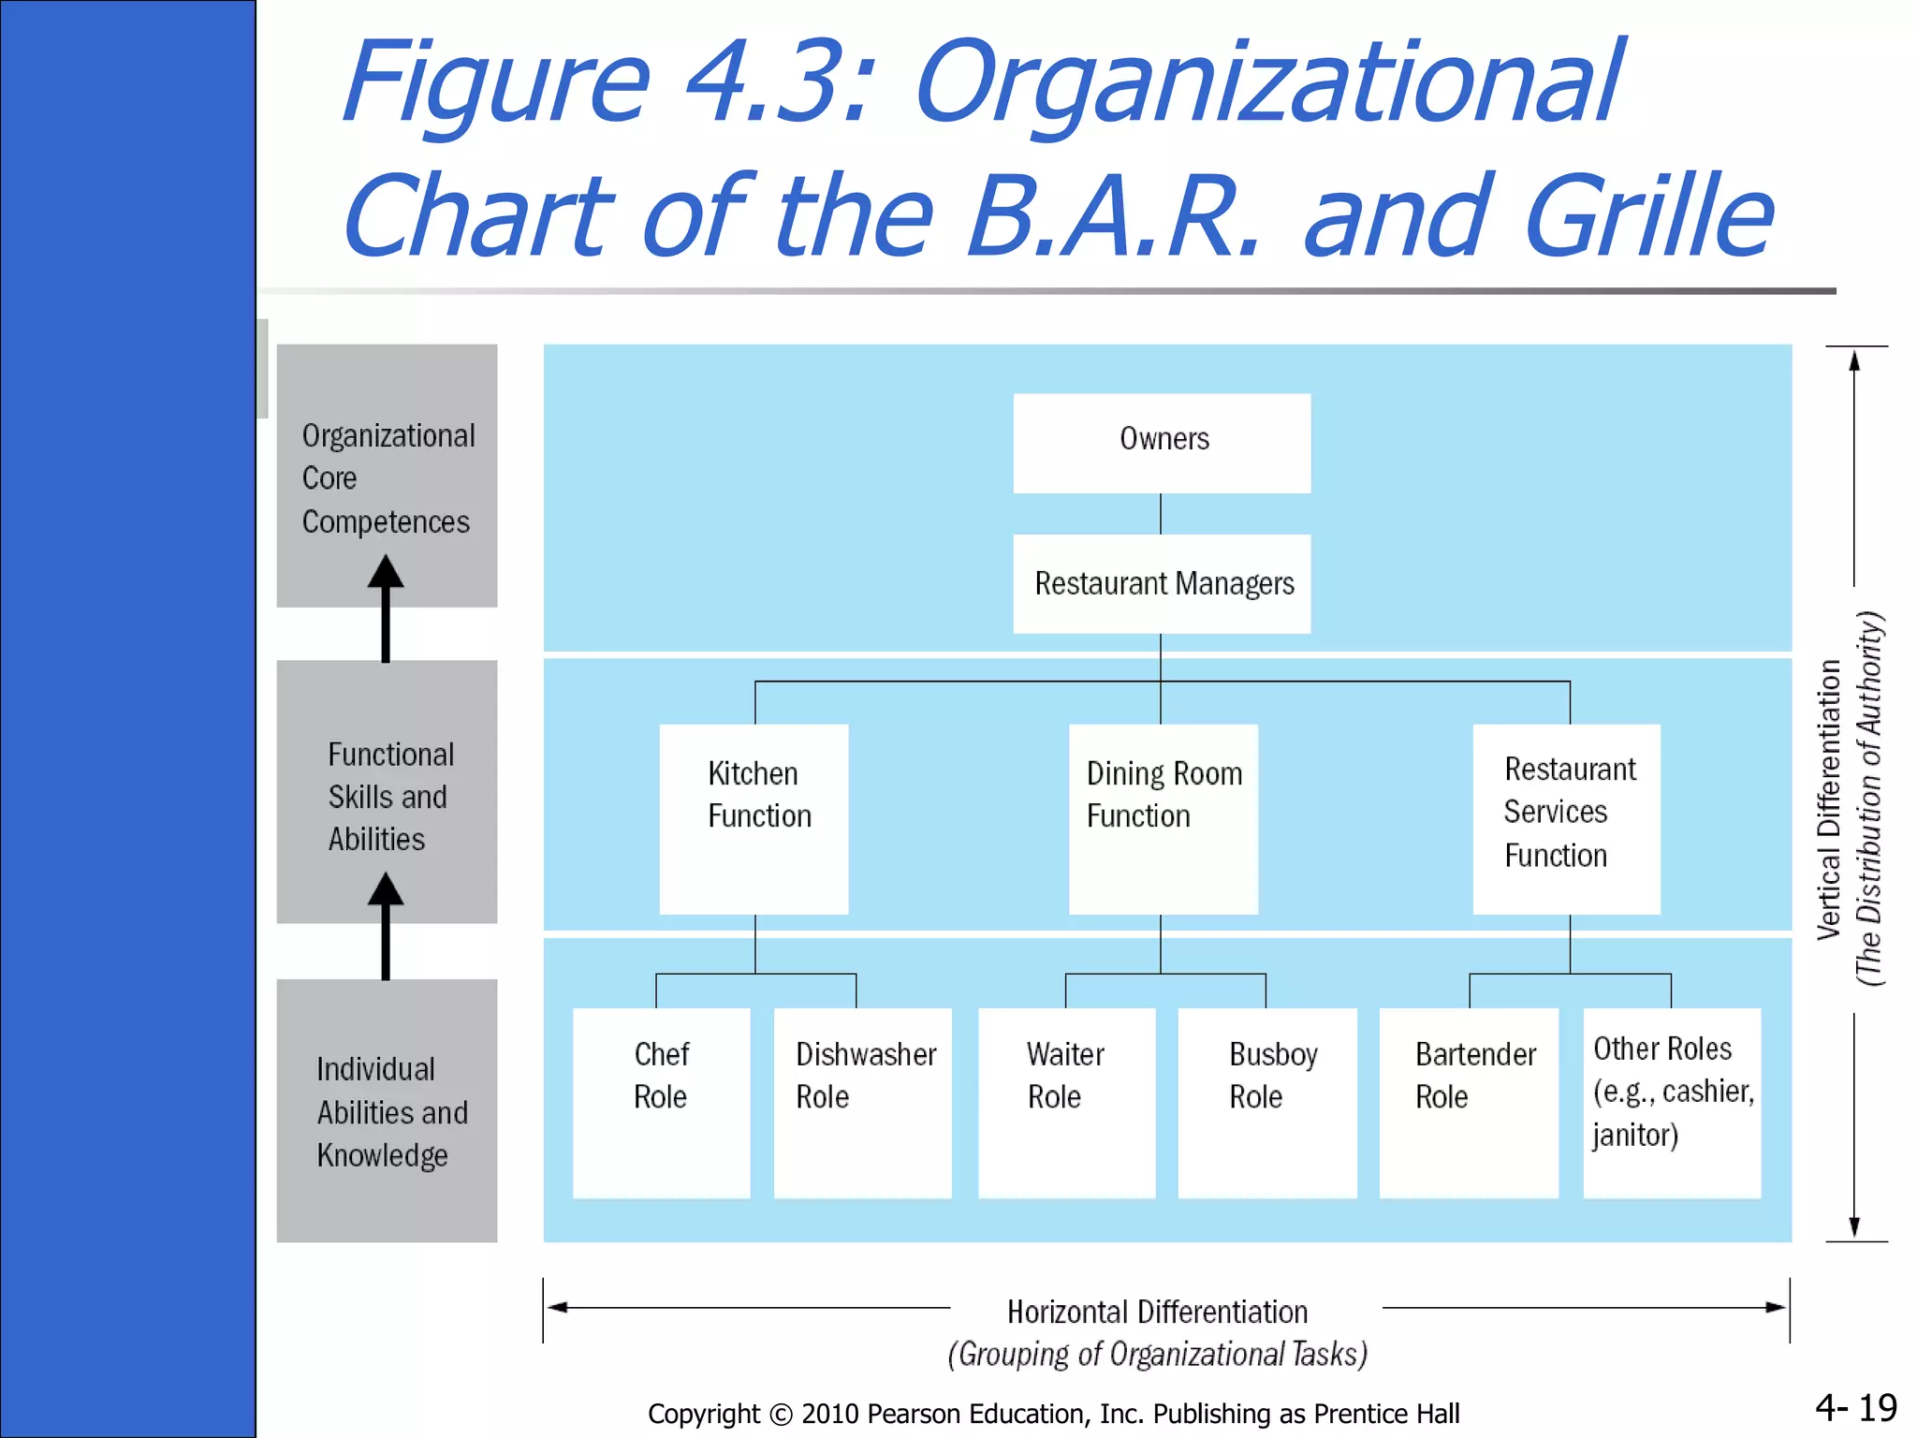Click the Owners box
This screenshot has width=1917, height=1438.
(x=1162, y=443)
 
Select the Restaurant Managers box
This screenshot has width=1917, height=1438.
(x=1162, y=584)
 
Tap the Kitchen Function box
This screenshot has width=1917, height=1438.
(x=754, y=818)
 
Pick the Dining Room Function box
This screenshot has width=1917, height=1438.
(x=1163, y=818)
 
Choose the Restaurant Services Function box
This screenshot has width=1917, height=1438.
(x=1567, y=818)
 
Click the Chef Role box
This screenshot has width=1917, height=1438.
(x=662, y=1102)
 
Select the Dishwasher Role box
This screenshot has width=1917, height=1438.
(x=863, y=1102)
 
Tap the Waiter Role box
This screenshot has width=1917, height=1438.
(x=1066, y=1102)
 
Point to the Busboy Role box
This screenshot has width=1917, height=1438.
(x=1267, y=1102)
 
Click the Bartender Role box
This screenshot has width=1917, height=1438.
(x=1469, y=1102)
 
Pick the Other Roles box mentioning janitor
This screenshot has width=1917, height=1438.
(x=1672, y=1102)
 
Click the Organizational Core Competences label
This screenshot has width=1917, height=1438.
(x=388, y=478)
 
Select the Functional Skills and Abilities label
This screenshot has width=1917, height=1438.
(x=387, y=797)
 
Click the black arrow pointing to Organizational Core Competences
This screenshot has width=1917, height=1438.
(x=386, y=609)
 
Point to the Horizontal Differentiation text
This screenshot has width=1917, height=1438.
(x=1157, y=1312)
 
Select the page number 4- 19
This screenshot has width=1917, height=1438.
(x=1855, y=1407)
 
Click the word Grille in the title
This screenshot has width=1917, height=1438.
(x=1647, y=217)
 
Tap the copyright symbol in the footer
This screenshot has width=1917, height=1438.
(x=781, y=1414)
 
